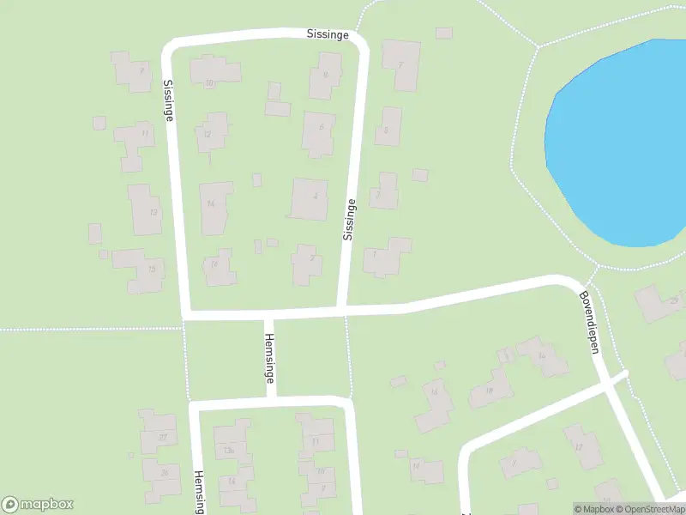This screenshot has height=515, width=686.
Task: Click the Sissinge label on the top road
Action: coord(328,34)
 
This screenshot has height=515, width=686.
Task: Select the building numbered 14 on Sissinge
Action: coord(214,206)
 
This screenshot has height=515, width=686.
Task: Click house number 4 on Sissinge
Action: coord(310,198)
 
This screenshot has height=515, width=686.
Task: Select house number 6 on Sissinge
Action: coord(319,133)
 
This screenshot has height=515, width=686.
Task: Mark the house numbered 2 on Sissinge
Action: coord(307,263)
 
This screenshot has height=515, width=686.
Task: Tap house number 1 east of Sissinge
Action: coord(384,257)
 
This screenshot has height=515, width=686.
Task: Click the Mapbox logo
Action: coord(38,505)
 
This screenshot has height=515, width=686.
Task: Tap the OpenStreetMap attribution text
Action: coord(650,509)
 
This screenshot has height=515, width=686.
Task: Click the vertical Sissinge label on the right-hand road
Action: coord(348,218)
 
